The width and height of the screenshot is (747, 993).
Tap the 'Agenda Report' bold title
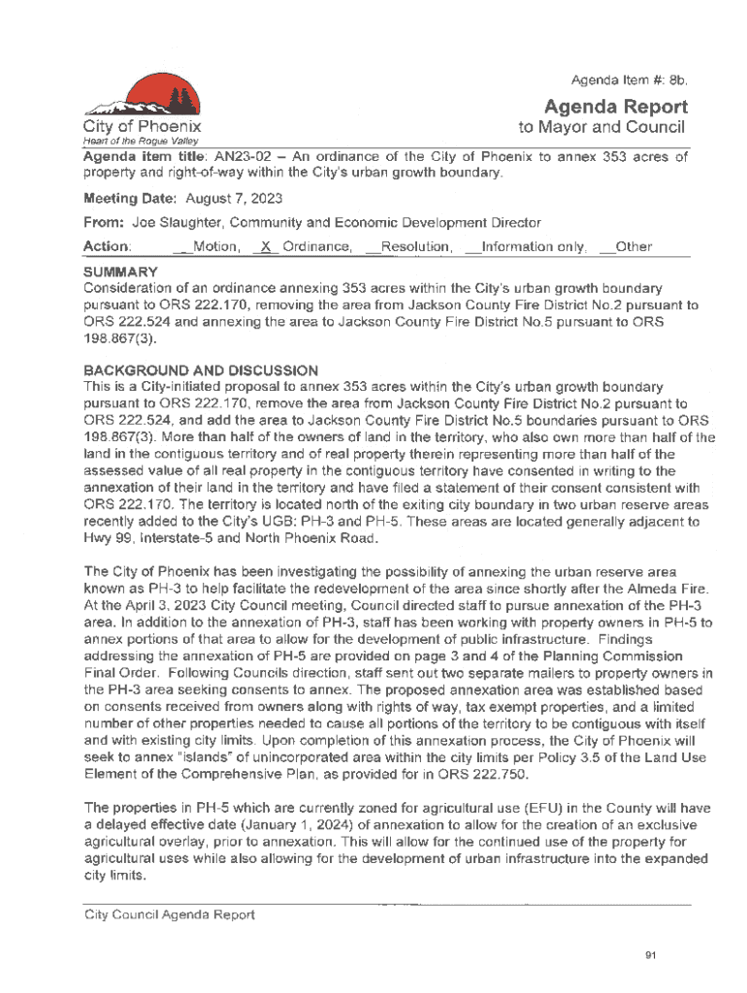point(616,107)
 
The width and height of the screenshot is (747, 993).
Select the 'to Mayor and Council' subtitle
point(601,128)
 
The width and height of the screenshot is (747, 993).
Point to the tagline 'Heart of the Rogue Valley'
point(127,143)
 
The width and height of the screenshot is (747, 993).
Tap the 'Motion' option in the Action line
point(215,247)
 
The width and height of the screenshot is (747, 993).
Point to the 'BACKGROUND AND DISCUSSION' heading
point(201,370)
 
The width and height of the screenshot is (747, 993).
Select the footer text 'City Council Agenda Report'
point(170,913)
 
